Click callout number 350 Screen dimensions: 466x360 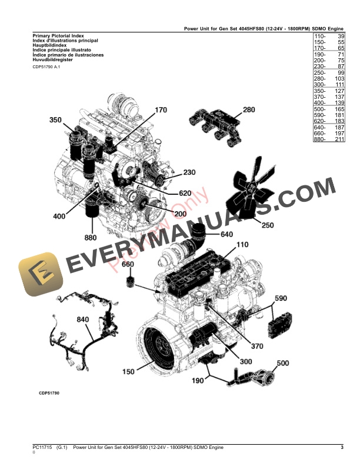click(x=55, y=120)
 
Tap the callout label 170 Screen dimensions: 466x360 click(x=161, y=109)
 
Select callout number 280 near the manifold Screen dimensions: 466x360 click(x=249, y=109)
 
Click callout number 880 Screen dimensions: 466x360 click(x=91, y=238)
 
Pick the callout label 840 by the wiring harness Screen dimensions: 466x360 click(x=84, y=319)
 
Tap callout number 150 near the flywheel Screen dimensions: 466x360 click(x=128, y=371)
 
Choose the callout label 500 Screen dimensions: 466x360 click(x=283, y=363)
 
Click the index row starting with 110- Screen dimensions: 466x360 click(x=328, y=36)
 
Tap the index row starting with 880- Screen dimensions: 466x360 click(x=328, y=140)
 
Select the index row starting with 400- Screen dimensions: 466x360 click(x=328, y=103)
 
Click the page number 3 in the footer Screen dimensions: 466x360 click(x=342, y=448)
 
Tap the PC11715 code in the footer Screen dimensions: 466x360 click(x=43, y=448)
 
